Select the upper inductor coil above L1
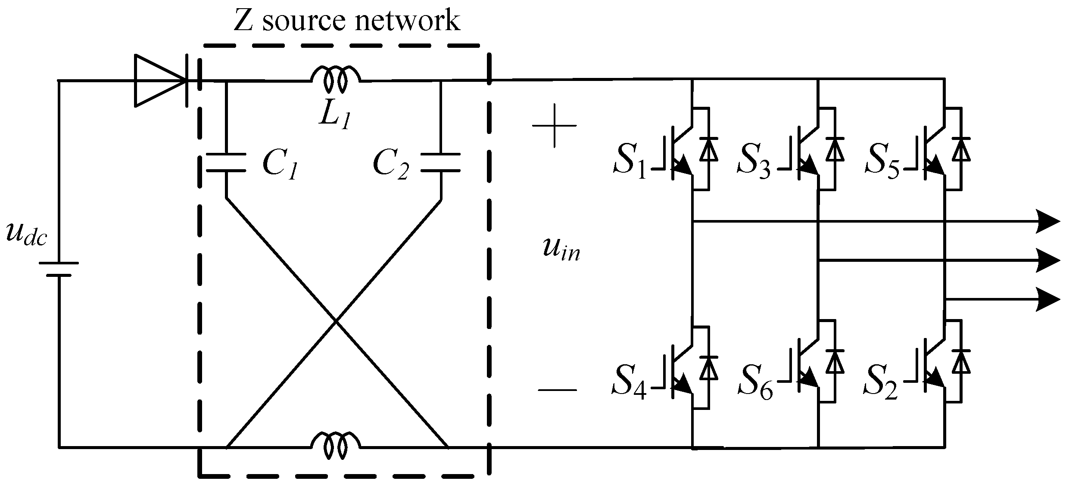coord(336,78)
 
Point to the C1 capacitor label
coord(280,165)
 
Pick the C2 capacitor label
coord(390,165)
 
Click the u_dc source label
coord(26,236)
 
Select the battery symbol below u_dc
coord(59,270)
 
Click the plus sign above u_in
coord(554,125)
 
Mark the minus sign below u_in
coord(557,390)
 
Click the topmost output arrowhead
coord(1048,222)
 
